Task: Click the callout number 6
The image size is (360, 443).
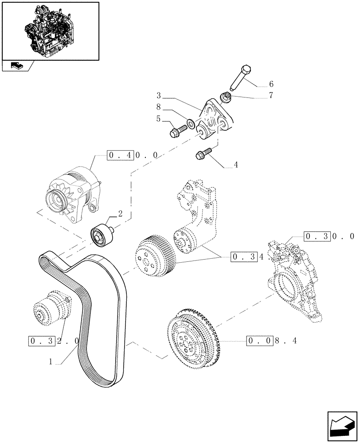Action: pos(271,84)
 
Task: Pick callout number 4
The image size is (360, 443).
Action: pos(236,165)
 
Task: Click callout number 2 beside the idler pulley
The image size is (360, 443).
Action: pos(119,214)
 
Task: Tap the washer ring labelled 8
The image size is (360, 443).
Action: pos(190,122)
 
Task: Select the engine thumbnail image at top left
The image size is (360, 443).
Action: pos(50,31)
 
